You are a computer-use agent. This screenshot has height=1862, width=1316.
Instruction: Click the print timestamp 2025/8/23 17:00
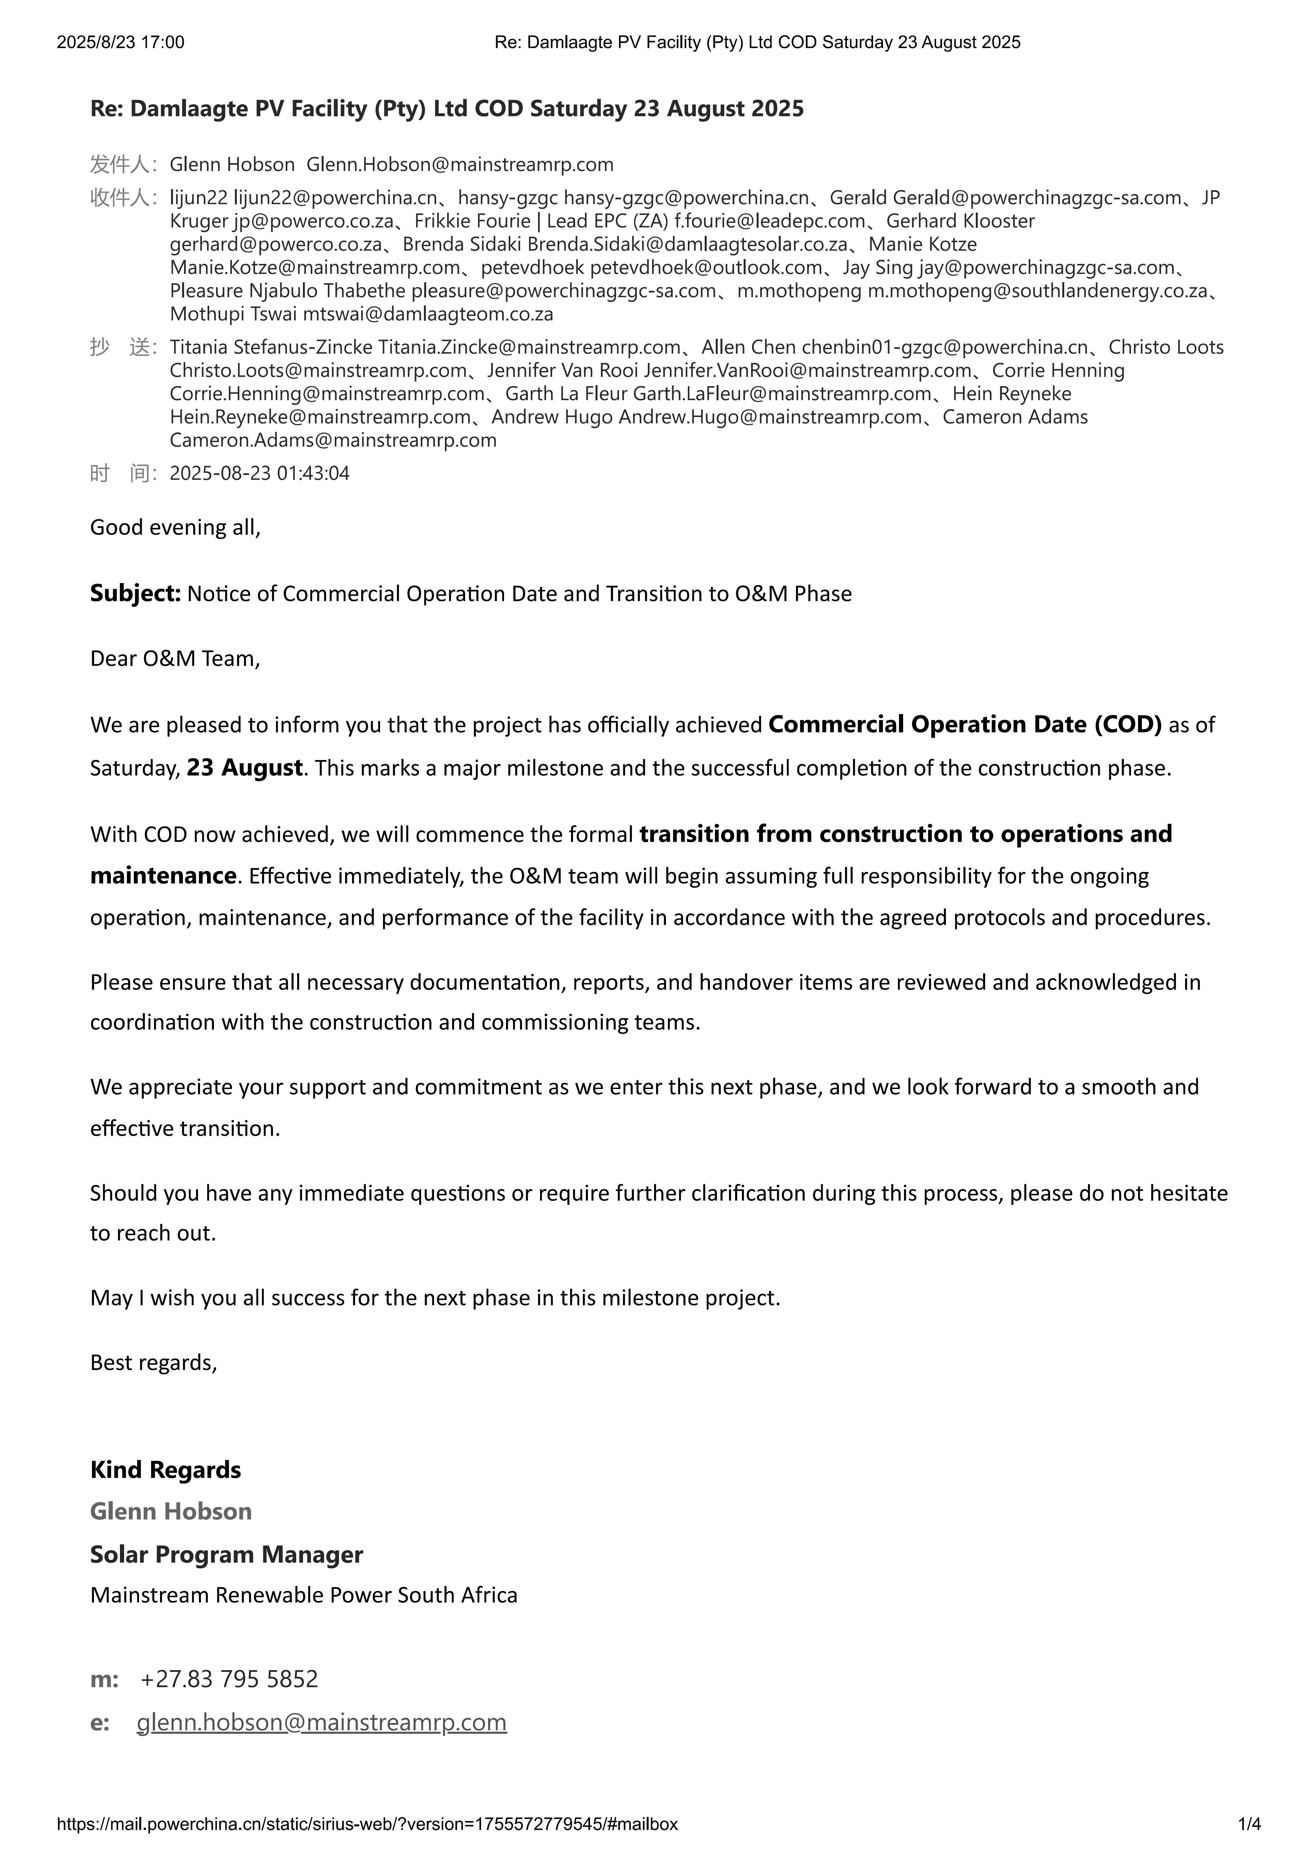[120, 42]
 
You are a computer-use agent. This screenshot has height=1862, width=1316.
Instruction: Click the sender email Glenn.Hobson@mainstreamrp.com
[460, 164]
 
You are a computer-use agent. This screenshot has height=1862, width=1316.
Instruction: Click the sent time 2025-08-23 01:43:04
[259, 474]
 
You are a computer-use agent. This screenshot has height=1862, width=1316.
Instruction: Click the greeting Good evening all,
[175, 528]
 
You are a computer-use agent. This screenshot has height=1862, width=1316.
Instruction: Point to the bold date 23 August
[245, 767]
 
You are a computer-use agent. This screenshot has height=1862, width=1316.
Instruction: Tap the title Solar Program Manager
[226, 1555]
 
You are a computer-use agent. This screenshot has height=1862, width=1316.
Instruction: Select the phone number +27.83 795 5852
[229, 1679]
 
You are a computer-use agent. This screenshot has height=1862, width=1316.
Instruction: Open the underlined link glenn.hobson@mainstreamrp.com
[322, 1722]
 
